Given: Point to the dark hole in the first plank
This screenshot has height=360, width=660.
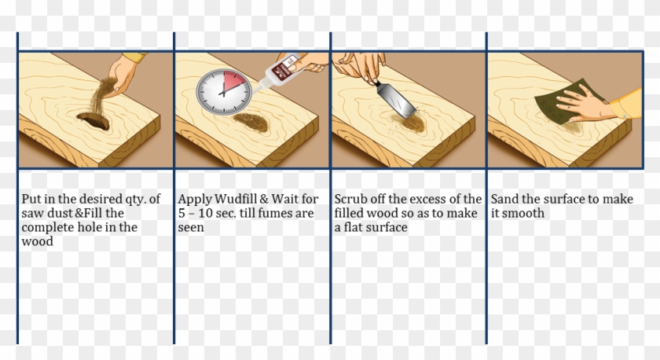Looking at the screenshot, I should click(x=93, y=119).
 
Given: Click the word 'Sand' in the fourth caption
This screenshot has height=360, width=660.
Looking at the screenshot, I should click(x=504, y=199).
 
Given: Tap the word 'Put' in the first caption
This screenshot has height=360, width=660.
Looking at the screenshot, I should click(x=31, y=199).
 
